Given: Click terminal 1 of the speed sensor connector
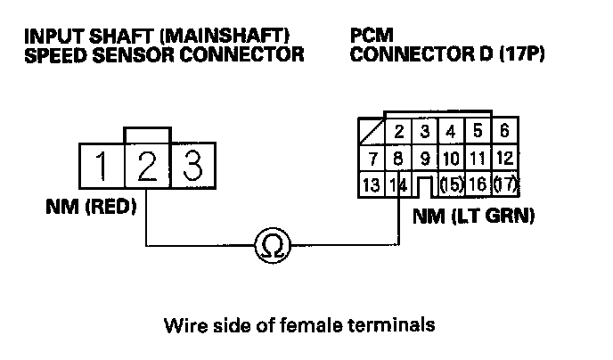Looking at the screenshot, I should point(103,166).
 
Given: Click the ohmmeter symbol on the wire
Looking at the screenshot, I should point(270,246).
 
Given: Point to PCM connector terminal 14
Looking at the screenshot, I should point(399,186).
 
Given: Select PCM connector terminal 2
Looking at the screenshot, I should point(399,133).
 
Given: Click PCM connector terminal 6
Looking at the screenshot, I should point(504,132).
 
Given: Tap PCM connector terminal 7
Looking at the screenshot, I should point(373,160).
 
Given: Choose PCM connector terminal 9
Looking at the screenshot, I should point(425,160).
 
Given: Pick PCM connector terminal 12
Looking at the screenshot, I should point(504,160).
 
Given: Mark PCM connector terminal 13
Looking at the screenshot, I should point(373,186).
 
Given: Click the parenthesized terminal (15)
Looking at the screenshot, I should point(451,186).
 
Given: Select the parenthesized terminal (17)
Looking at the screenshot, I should point(504,186).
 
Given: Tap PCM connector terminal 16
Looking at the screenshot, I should point(477,186).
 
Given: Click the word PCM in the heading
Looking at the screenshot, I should point(372,37).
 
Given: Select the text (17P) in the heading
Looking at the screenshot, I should point(517,55).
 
